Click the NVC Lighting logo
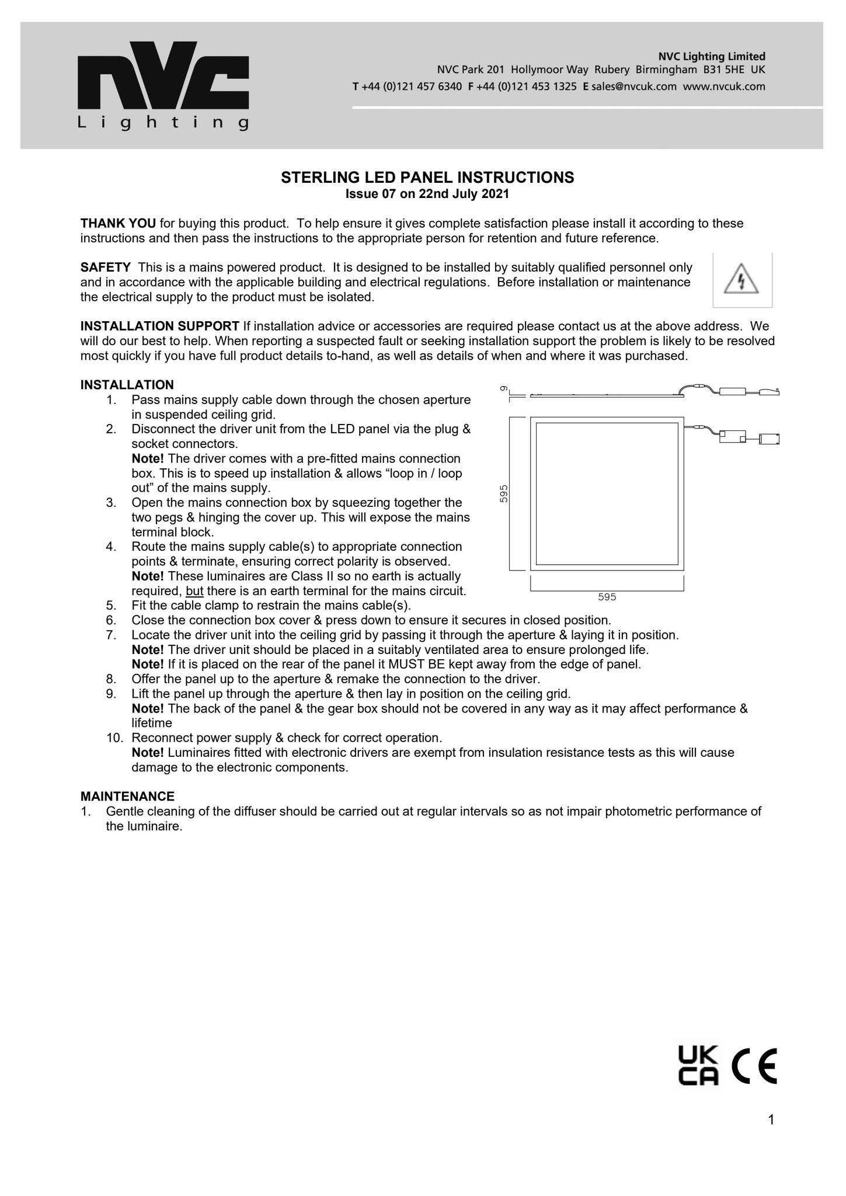pos(163,85)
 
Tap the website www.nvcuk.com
pos(724,87)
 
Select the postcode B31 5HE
pos(724,70)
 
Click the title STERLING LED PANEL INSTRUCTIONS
pos(427,178)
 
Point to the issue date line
pos(427,194)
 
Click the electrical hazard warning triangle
pos(741,280)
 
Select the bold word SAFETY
pos(106,267)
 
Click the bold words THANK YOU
pos(118,223)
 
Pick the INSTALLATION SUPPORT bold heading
pos(160,326)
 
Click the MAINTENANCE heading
pos(127,797)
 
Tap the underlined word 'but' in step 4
pos(194,591)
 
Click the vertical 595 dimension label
pos(504,493)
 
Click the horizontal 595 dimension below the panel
pos(607,597)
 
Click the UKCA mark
pos(698,1066)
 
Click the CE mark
pos(754,1066)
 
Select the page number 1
pos(771,1119)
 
